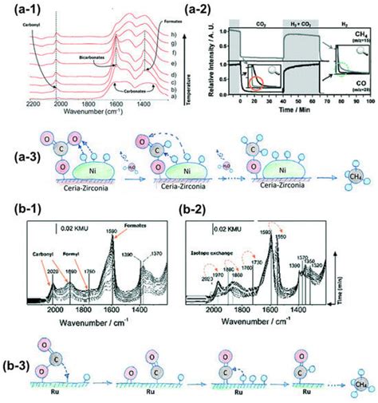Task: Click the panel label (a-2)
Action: (205, 10)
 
